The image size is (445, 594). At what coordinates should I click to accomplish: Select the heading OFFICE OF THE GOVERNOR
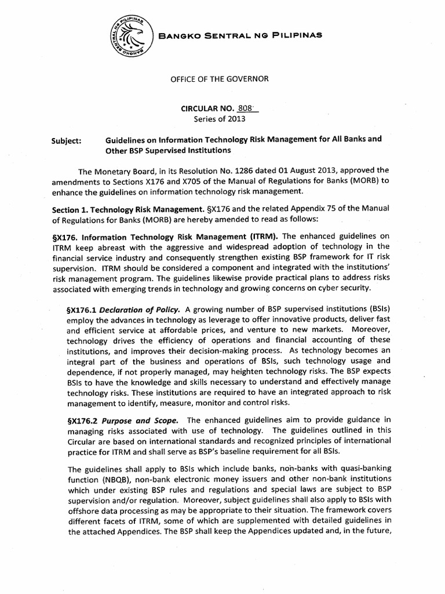222,78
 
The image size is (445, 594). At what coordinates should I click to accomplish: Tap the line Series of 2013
219,119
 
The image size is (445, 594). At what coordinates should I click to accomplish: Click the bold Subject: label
67,140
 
